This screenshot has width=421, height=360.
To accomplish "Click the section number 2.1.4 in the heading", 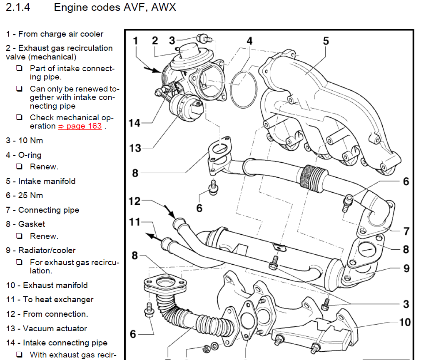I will [x=18, y=8].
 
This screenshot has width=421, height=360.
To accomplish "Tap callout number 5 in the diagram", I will [x=326, y=41].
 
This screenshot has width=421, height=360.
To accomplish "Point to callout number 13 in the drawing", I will [x=135, y=148].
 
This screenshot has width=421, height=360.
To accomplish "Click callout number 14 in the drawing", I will [x=135, y=123].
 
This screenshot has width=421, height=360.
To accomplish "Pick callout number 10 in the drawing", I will [x=404, y=322].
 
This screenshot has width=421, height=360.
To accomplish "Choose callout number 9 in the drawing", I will [x=406, y=268].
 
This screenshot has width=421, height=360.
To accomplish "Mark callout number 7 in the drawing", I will [x=406, y=231].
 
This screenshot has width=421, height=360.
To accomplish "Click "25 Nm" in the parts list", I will [x=30, y=195].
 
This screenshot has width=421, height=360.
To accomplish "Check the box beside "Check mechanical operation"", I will [x=19, y=117].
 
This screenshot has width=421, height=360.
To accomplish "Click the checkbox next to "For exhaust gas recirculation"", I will [x=19, y=263].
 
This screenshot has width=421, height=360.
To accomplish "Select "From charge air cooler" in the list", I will [x=61, y=34].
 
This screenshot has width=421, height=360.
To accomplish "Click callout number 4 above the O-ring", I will [x=249, y=41].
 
